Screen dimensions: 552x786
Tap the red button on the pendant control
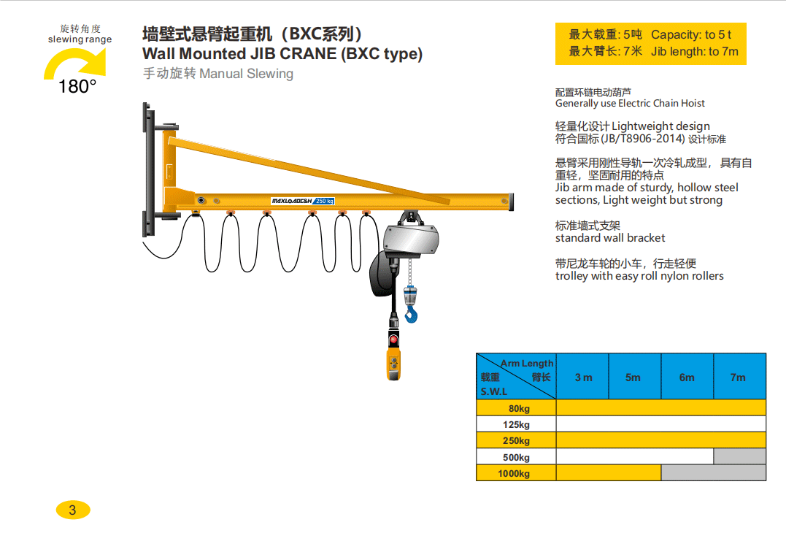pos(393,340)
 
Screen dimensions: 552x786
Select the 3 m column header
pos(583,377)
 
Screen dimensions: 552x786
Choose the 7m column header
pos(739,377)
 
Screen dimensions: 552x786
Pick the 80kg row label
pos(519,408)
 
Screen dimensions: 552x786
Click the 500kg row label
pos(517,457)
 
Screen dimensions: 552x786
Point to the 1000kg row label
pos(514,473)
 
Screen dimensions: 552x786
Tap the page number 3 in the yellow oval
pos(72,510)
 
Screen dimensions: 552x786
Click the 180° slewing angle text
pos(77,87)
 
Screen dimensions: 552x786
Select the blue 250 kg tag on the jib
pos(324,201)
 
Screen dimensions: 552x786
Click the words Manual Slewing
pos(246,74)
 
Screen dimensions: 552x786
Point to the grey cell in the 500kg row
pos(739,457)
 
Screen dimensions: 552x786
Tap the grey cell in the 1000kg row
pos(713,473)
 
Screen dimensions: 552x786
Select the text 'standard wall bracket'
pos(610,238)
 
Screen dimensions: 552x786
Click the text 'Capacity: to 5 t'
pos(691,34)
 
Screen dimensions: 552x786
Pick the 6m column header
pos(687,377)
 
